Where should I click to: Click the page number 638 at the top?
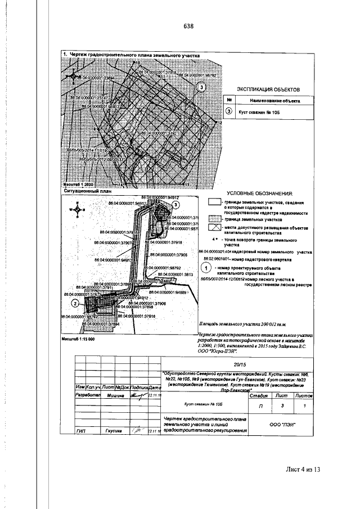[188, 26]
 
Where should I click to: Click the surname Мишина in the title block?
[115, 395]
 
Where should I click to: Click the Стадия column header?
[258, 396]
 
